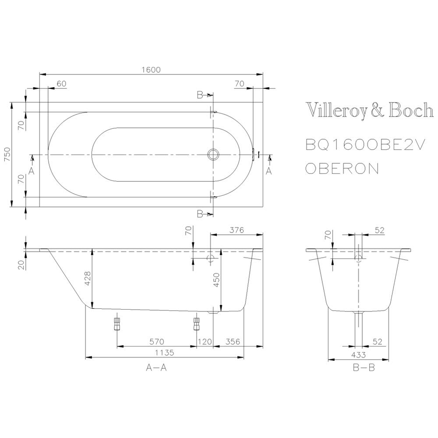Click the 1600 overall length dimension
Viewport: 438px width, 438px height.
pos(151,70)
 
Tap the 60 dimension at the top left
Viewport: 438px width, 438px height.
pos(61,84)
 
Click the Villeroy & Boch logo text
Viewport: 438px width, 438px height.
pos(370,110)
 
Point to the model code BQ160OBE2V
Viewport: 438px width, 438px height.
pos(365,145)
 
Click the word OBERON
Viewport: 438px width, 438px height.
pos(342,169)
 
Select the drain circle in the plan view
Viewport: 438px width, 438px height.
pos(213,154)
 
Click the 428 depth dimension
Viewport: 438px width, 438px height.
pos(88,278)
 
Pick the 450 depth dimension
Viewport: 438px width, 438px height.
pos(217,279)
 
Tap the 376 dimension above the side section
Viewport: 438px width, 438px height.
pos(237,230)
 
